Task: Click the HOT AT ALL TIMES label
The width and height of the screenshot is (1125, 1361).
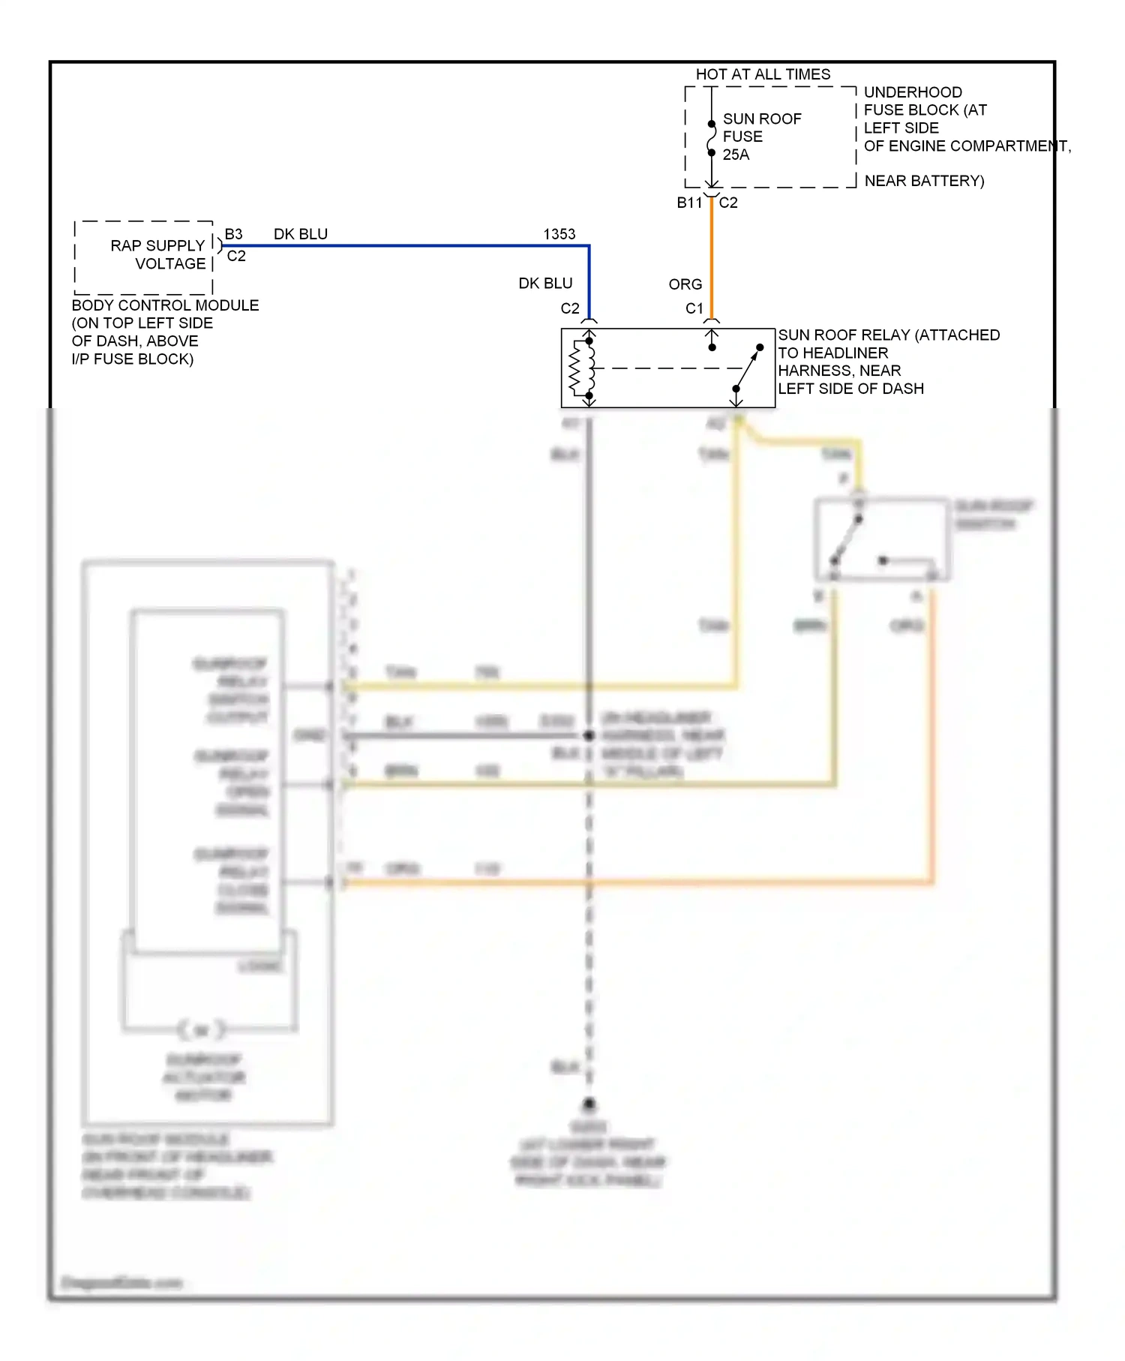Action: point(763,74)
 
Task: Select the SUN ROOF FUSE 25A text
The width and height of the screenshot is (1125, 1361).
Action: point(760,137)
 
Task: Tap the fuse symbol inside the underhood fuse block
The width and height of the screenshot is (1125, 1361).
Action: point(712,138)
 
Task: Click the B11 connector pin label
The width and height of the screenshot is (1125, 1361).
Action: point(688,203)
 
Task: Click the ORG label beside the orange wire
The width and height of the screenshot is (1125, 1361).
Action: point(685,284)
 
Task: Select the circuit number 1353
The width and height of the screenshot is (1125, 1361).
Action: point(559,234)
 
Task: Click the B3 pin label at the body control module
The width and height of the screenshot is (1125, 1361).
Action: point(233,234)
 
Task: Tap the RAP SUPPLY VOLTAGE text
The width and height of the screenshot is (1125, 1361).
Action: point(158,254)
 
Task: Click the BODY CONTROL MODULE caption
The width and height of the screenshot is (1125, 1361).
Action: point(165,305)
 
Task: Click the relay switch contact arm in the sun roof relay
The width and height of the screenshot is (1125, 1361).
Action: point(748,368)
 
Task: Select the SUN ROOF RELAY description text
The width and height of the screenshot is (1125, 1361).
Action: point(888,362)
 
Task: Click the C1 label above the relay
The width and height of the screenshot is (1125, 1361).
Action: point(694,308)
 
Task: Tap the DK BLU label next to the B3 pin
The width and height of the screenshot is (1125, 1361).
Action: point(300,234)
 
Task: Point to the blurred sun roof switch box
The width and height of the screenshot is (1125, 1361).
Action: point(882,539)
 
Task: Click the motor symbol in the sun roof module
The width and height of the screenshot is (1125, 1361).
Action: point(201,1030)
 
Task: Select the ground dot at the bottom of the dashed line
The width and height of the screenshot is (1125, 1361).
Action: point(589,1104)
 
